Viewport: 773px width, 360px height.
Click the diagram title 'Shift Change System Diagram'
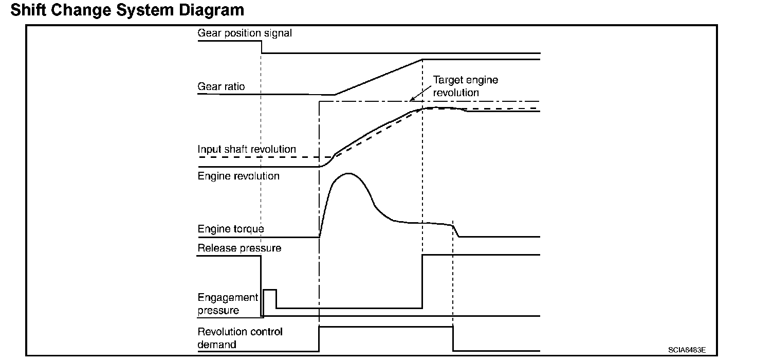(127, 10)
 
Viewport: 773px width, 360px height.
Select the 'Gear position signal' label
(245, 33)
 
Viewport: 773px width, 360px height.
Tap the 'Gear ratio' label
(221, 87)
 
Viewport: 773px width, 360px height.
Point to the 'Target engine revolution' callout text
(465, 86)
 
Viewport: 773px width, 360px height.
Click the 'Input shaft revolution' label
(247, 150)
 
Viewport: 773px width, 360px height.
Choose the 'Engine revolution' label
(238, 176)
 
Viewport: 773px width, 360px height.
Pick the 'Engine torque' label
(231, 228)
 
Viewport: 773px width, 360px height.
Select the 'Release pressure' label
(240, 248)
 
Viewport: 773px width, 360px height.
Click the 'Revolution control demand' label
(240, 338)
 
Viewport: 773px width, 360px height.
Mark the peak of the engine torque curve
(348, 174)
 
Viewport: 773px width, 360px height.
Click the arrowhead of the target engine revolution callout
(411, 100)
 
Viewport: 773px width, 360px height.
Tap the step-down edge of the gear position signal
(262, 47)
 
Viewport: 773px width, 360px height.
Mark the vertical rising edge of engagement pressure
(422, 281)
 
